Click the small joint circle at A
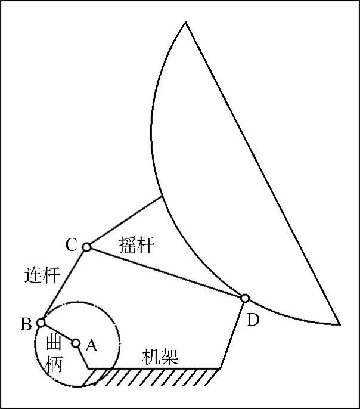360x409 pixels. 76,343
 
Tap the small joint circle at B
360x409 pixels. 41,323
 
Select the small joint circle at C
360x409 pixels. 86,247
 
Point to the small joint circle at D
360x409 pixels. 244,298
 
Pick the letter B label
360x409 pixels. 26,324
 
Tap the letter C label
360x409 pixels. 71,244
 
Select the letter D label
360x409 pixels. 253,321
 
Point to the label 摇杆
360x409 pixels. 136,244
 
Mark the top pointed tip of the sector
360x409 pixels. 185,22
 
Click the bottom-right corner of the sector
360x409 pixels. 339,324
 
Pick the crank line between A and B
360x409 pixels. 58,333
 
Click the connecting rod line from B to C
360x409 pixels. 64,284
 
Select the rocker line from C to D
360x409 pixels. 165,272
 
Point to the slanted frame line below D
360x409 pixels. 232,334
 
